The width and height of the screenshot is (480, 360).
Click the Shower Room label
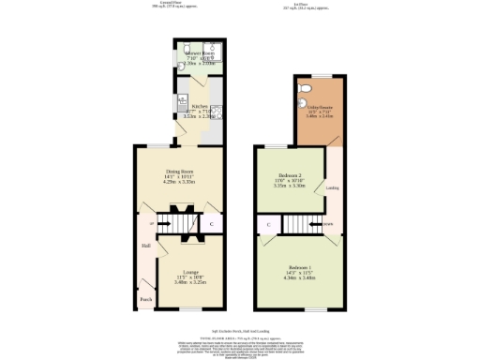point(201,55)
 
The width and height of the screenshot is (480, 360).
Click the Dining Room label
point(180,172)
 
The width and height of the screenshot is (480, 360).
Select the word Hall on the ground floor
point(146,246)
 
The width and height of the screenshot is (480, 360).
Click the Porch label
point(145,300)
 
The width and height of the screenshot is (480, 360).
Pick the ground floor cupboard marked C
point(211,224)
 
